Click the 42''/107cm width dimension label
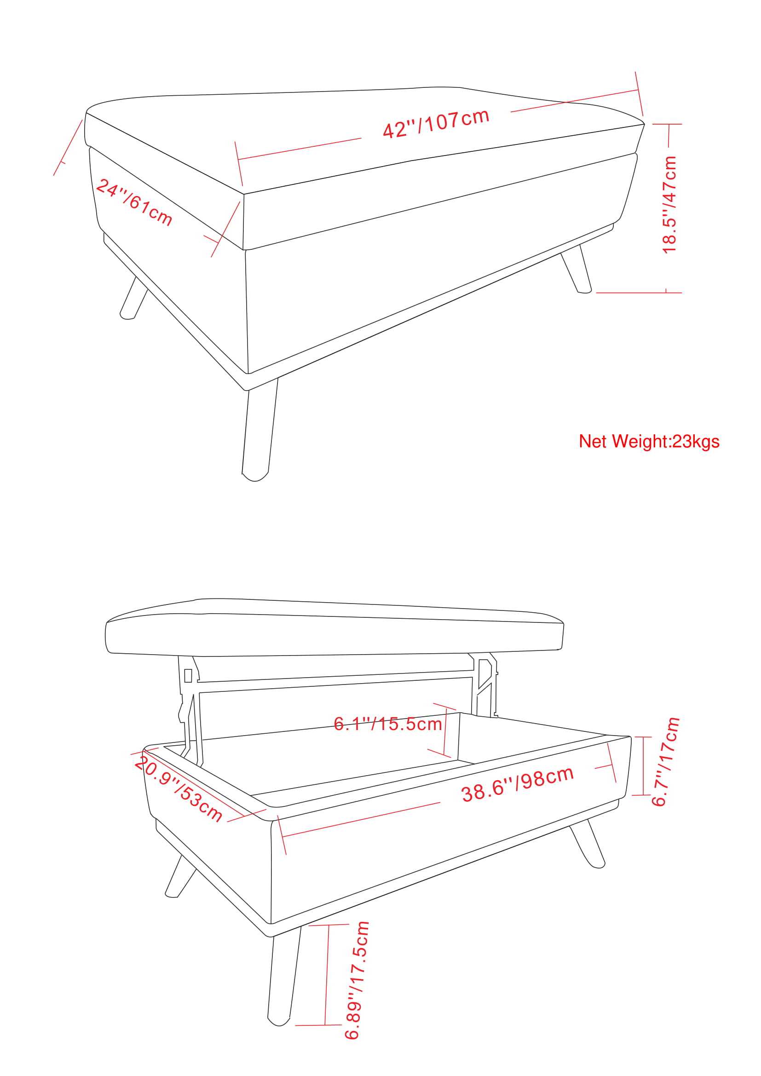pos(436,123)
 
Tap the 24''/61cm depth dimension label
pos(134,202)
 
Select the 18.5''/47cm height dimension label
pos(669,205)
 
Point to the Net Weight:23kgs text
pos(649,442)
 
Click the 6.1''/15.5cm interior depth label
pos(388,724)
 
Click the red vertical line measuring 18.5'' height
pos(668,208)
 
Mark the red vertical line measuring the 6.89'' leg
pos(327,974)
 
